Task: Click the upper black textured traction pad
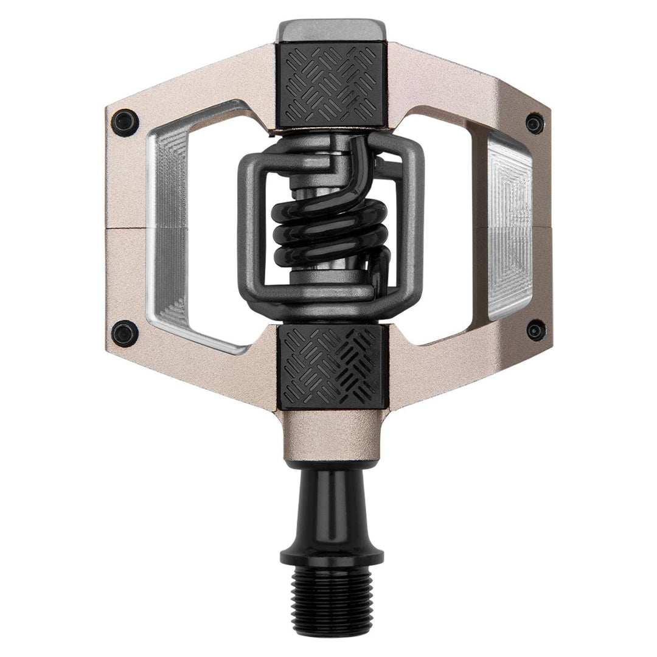point(330,85)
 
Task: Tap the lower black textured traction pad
point(330,365)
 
